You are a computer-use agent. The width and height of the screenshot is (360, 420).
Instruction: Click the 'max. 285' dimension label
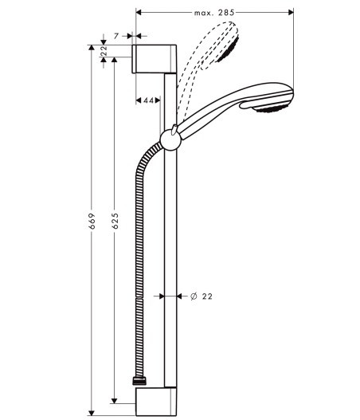(x=214, y=13)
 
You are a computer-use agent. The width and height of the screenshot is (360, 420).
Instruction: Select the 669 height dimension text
(x=92, y=221)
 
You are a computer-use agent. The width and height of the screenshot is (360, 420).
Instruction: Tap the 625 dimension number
(x=115, y=221)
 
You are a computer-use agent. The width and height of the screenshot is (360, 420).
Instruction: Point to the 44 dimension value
(x=149, y=100)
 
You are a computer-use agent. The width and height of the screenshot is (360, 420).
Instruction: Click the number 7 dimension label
(x=116, y=36)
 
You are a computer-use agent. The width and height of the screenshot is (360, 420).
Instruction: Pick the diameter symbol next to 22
(x=194, y=296)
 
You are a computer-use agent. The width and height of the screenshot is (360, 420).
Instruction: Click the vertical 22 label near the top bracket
(x=104, y=51)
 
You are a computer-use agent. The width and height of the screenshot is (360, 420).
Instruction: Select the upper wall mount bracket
(x=155, y=59)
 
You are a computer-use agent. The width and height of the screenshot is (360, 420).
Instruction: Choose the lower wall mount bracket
(x=156, y=401)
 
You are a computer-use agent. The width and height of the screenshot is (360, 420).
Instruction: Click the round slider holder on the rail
(x=170, y=139)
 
